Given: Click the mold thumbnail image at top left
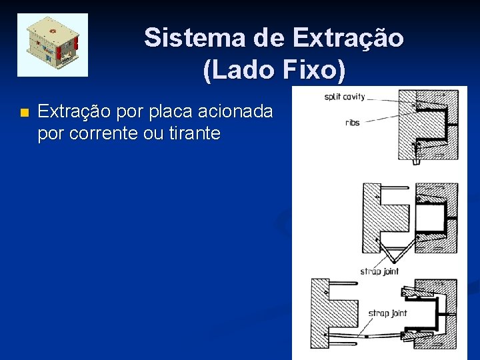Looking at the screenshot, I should click(x=53, y=45).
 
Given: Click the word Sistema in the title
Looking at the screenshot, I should click(x=193, y=37).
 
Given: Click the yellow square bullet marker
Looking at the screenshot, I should click(x=25, y=113).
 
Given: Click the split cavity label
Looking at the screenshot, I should click(x=345, y=97).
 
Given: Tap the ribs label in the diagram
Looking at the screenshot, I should click(x=352, y=123).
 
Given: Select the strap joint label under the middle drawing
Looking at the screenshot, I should click(x=379, y=271).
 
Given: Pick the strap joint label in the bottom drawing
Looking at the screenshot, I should click(x=388, y=313).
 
